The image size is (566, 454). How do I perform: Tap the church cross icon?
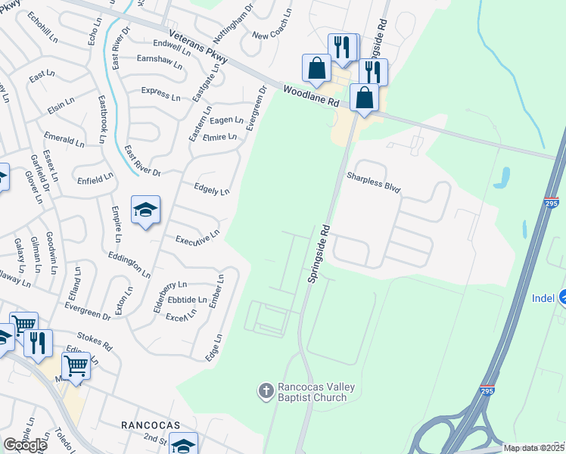[266, 390]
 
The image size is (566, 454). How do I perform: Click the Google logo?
[25, 445]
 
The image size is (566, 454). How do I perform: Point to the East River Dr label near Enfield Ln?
[142, 161]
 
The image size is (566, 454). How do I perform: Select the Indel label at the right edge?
[543, 298]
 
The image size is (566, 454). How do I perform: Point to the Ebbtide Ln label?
[186, 300]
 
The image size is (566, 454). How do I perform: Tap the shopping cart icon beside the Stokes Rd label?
[76, 365]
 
